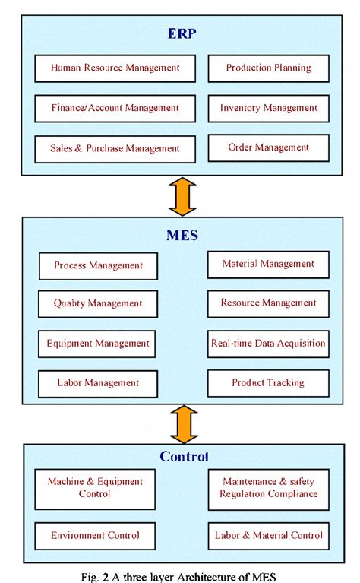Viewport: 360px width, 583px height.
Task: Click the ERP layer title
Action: tap(182, 33)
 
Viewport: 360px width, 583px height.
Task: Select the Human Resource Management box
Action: tap(115, 68)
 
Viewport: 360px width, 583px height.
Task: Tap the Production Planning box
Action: tap(269, 68)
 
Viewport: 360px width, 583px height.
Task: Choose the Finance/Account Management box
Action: tap(115, 108)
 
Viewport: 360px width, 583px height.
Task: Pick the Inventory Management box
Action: tap(269, 108)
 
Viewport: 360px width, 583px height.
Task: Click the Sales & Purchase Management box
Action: tap(115, 147)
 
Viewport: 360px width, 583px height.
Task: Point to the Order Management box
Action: tap(269, 147)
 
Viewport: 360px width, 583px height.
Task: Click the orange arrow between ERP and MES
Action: tap(182, 196)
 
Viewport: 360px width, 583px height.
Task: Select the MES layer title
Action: tap(182, 236)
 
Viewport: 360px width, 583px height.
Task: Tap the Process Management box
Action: tap(99, 266)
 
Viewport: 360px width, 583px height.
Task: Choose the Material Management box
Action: tap(268, 264)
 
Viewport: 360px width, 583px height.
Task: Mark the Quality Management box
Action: tap(98, 304)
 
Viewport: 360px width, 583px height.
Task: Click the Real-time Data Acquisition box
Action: tap(268, 344)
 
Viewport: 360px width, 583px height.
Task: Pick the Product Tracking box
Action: tap(268, 383)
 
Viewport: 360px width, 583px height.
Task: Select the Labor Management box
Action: tap(98, 383)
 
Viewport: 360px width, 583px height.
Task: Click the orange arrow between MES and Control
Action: tap(182, 424)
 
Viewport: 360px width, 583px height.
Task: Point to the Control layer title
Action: tap(184, 457)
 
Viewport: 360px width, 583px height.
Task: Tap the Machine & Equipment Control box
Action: tap(96, 488)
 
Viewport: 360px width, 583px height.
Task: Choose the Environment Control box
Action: tap(96, 536)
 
